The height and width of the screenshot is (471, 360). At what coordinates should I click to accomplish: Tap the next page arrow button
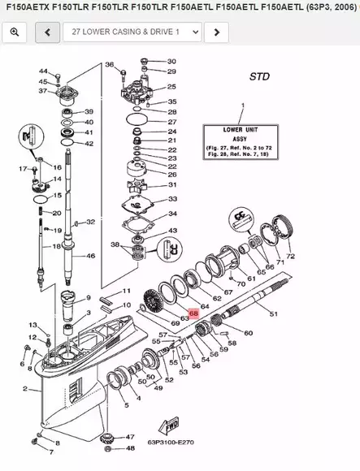[x=215, y=32]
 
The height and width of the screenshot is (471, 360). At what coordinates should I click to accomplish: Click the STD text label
[x=259, y=77]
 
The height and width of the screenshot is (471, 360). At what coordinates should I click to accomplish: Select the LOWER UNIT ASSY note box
[x=242, y=144]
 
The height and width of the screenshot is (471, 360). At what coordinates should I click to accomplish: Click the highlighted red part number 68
[x=193, y=312]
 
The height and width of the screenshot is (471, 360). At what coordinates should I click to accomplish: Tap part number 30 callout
[x=171, y=62]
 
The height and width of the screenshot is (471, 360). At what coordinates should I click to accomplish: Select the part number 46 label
[x=90, y=256]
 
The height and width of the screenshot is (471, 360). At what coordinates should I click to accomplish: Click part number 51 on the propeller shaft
[x=272, y=314]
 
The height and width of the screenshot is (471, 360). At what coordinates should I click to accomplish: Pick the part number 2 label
[x=25, y=389]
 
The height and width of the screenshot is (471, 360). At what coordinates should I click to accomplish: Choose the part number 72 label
[x=291, y=257]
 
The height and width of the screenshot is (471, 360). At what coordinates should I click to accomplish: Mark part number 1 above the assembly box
[x=241, y=106]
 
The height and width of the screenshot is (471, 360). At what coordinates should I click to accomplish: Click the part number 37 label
[x=42, y=91]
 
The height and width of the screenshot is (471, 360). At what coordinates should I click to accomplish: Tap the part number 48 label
[x=131, y=437]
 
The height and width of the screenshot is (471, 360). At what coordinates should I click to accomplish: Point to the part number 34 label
[x=171, y=214]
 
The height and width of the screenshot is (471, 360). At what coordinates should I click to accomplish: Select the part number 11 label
[x=126, y=290]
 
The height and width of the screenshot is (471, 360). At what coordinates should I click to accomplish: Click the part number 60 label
[x=248, y=333]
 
